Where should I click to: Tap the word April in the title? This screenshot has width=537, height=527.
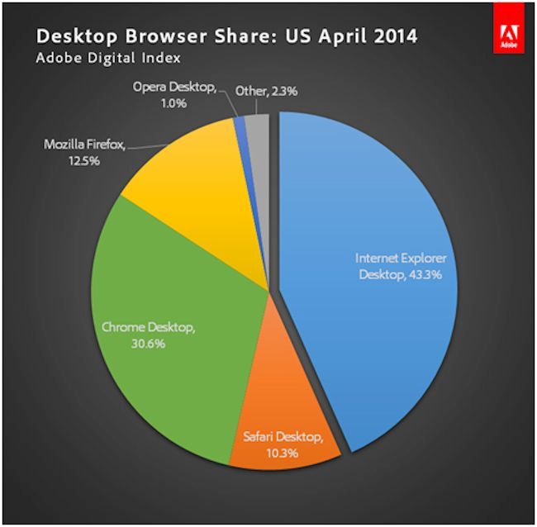tap(340, 36)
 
